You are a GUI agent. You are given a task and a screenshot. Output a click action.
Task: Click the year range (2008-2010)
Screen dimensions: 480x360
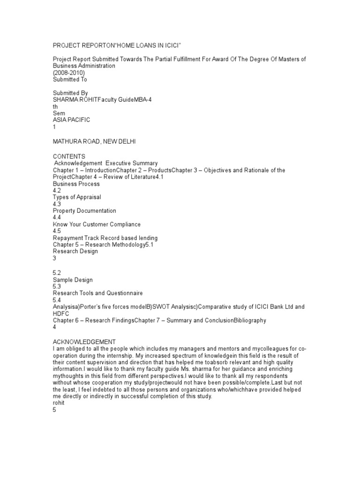click(x=69, y=73)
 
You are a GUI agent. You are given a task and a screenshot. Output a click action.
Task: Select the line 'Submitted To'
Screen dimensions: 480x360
click(x=70, y=80)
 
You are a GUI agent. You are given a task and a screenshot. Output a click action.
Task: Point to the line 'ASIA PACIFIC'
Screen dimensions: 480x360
click(x=71, y=120)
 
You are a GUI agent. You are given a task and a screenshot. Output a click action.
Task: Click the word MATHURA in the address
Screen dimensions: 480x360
click(x=68, y=141)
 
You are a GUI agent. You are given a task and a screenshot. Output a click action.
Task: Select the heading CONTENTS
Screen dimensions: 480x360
click(x=69, y=156)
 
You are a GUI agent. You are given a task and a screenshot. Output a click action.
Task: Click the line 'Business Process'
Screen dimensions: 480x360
click(x=76, y=184)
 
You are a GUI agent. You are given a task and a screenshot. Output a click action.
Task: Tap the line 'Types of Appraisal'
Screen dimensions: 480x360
click(x=77, y=197)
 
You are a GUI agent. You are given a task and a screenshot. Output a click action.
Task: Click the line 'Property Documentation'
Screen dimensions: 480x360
click(x=84, y=211)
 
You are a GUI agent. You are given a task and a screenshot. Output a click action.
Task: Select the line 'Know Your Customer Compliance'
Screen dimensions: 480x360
click(x=97, y=225)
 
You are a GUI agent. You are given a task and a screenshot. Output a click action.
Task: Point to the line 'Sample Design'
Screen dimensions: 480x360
click(x=73, y=280)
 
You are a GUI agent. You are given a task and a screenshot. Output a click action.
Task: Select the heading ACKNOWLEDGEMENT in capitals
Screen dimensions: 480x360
click(x=84, y=342)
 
